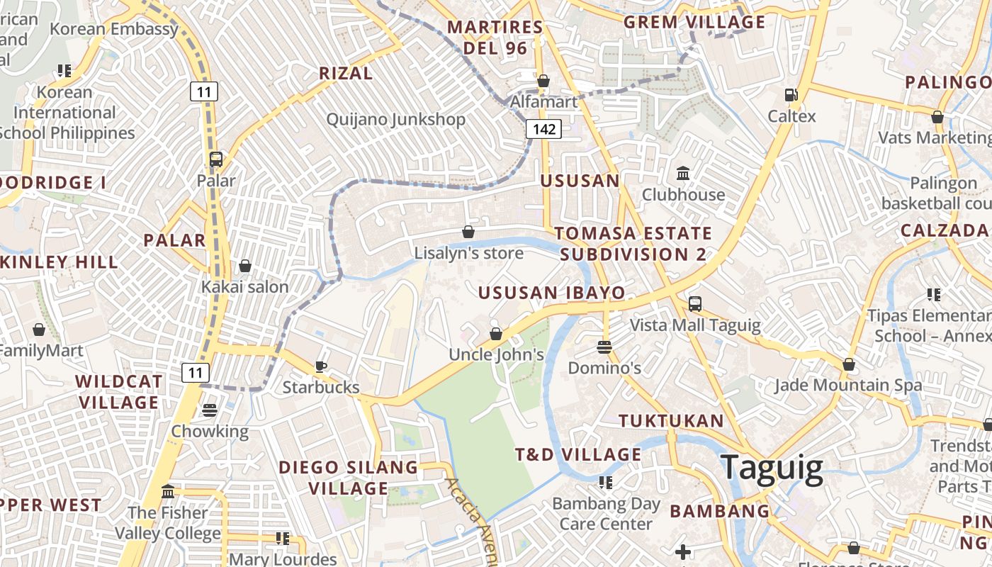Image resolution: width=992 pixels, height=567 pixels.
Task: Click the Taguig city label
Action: (772, 468)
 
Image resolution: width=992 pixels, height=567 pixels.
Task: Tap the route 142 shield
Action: (543, 129)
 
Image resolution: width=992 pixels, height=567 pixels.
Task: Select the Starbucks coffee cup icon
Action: (321, 366)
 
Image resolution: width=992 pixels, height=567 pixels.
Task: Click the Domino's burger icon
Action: (604, 347)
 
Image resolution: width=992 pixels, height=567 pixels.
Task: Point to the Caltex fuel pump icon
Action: (791, 95)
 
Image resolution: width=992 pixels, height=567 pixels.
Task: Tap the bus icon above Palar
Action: (216, 159)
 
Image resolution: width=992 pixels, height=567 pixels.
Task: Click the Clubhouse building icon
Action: (683, 174)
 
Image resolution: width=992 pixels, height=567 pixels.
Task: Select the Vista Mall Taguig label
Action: (695, 325)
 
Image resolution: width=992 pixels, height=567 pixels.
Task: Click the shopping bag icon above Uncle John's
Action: (496, 333)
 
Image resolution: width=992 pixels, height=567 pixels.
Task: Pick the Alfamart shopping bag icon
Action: (543, 81)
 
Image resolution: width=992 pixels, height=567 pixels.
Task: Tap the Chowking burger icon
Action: (209, 410)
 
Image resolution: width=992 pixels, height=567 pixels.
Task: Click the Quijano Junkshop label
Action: (395, 119)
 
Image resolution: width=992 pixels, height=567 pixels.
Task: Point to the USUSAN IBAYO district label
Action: (551, 293)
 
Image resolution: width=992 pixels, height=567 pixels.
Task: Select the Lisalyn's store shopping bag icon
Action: (468, 232)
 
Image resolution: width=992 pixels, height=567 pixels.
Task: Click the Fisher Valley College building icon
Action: (168, 491)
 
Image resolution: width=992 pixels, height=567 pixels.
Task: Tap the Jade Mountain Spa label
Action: (847, 385)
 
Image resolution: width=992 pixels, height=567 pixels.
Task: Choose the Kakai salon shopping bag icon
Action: (245, 266)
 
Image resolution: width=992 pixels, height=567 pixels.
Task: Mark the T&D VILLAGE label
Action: (577, 454)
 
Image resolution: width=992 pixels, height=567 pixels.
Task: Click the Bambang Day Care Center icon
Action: (606, 483)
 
